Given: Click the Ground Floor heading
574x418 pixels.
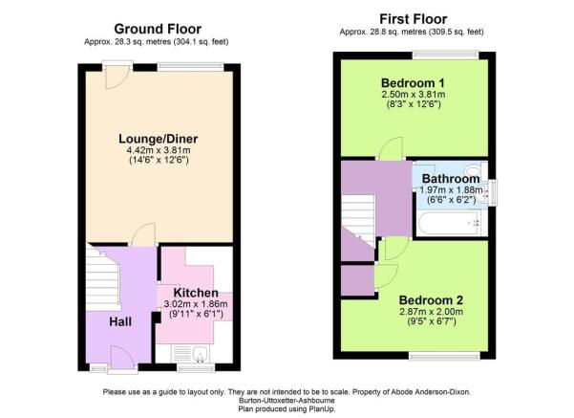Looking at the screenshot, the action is tap(158, 29).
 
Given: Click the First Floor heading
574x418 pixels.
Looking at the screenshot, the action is tap(413, 19).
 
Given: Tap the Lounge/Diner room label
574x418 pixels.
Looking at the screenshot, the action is tap(159, 139).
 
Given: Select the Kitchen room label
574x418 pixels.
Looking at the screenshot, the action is tap(196, 293).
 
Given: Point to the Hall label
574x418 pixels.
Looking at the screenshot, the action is tap(120, 322).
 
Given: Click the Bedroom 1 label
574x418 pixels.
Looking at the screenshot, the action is tap(413, 83).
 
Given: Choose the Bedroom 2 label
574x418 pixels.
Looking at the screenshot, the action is tap(431, 300).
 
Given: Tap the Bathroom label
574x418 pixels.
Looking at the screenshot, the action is tap(451, 179).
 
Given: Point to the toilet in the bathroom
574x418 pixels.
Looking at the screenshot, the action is tap(476, 171).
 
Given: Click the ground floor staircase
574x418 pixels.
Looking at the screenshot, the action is tap(102, 277).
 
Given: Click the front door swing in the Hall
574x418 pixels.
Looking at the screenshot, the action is tap(122, 357).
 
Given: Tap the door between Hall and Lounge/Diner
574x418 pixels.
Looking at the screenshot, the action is tap(143, 234).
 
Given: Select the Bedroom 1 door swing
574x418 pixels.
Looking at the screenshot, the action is tap(391, 148).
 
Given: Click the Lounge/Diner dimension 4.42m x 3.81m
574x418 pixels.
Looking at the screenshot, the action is tap(159, 150).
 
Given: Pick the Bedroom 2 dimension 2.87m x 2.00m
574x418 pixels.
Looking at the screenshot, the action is tap(432, 312).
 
